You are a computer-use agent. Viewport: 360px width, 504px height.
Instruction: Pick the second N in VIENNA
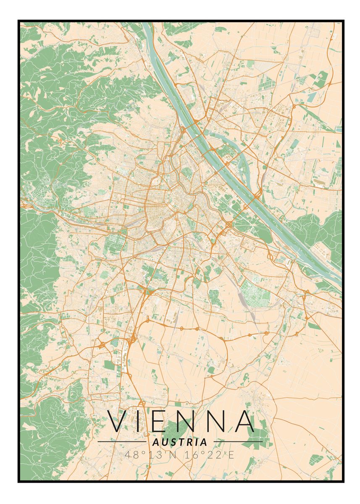click(x=219, y=421)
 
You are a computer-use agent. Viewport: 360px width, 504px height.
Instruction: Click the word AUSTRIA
click(x=180, y=442)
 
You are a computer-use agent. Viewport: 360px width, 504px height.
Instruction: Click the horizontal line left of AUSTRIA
click(x=122, y=442)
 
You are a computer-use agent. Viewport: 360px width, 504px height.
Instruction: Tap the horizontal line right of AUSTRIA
click(x=238, y=442)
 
